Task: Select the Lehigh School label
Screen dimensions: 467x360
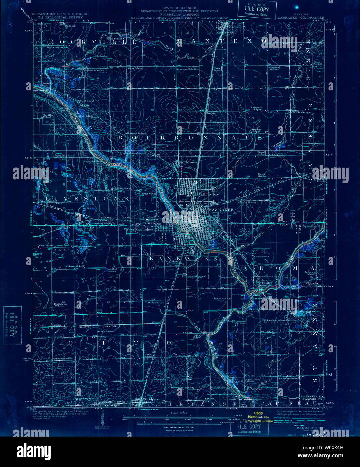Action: [45, 245]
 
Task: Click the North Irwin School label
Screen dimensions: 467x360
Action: [59, 305]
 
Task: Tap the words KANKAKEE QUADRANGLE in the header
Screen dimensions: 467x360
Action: [301, 17]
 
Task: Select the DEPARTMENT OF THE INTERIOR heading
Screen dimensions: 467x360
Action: [60, 14]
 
